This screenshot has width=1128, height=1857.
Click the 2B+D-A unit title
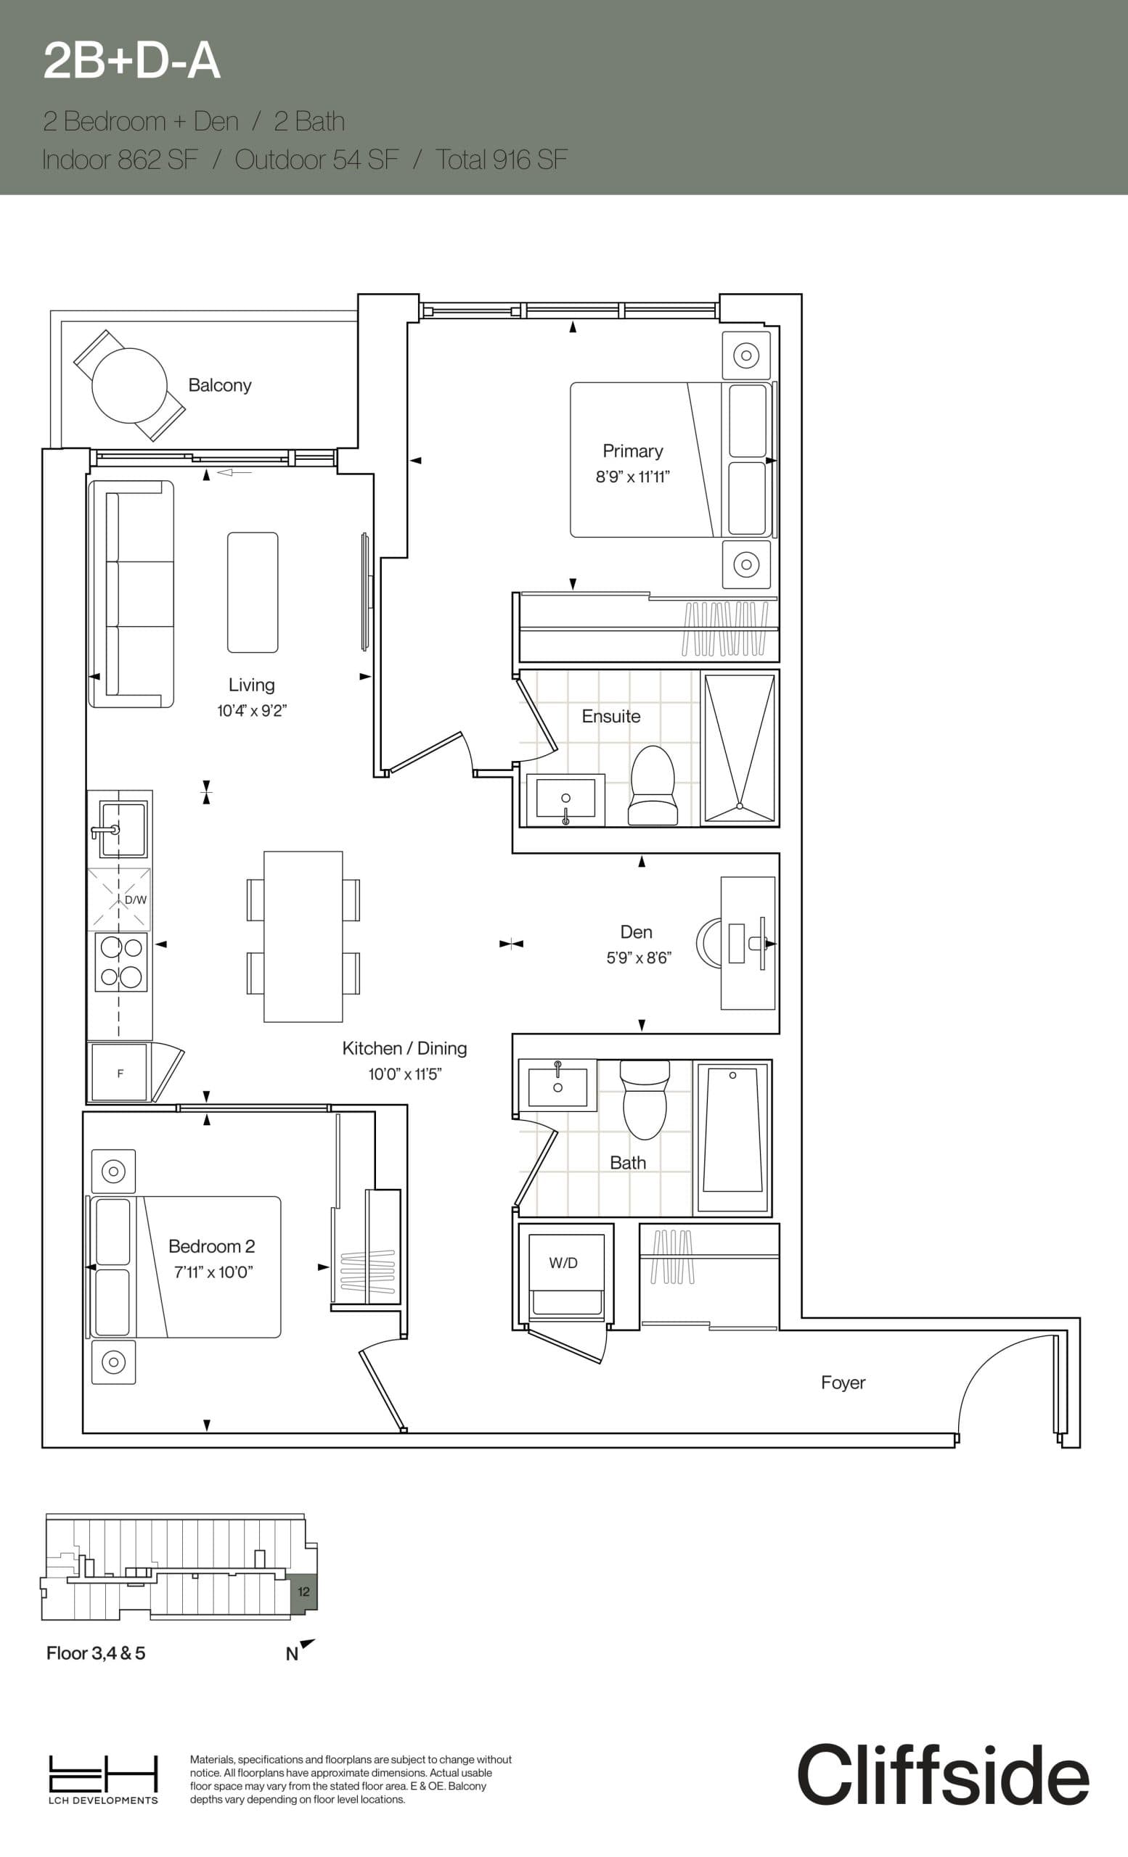point(132,61)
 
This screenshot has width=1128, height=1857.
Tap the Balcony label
point(219,385)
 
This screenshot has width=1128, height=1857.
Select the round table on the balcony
point(129,386)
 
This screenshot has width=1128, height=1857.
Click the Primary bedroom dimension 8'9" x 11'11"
point(633,477)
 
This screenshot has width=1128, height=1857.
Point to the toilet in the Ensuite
point(653,786)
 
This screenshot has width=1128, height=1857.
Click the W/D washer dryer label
point(563,1262)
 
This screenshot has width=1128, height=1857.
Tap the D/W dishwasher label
point(136,900)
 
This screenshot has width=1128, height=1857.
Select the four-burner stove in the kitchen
point(120,962)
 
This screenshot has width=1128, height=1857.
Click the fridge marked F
point(120,1073)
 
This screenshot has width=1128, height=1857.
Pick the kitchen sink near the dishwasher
point(123,829)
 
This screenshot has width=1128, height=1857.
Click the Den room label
point(637,932)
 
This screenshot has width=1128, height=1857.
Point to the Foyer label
point(843,1382)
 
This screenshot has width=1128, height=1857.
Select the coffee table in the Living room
point(253,593)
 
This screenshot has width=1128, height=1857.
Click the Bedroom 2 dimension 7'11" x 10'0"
point(213,1272)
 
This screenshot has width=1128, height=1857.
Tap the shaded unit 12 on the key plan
point(304,1592)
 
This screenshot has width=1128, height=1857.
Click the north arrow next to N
point(308,1644)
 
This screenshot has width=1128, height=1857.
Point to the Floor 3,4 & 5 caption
point(96,1652)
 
